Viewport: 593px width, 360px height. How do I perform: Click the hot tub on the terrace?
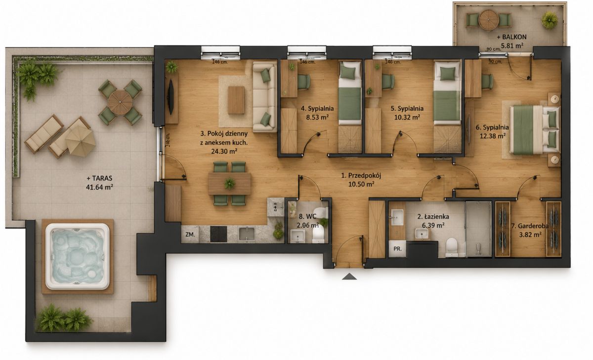coord(77,256)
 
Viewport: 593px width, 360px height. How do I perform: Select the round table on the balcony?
coord(489,20)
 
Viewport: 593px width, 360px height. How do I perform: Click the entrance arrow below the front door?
coord(349,277)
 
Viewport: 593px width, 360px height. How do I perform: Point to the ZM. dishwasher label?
coord(190,235)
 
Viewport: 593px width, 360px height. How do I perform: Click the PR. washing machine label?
coord(397,248)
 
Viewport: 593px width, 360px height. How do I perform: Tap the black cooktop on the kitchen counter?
coord(218,234)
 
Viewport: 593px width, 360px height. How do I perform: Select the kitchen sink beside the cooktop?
coord(247,234)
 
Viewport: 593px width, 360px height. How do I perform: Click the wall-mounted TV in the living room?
coord(170,97)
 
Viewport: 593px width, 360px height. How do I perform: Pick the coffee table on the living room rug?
coord(236,100)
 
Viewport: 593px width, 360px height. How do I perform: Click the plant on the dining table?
coord(229,183)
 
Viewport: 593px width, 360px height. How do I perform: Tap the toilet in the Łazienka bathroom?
coord(451,247)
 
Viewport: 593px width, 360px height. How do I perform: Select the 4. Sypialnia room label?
coord(317,109)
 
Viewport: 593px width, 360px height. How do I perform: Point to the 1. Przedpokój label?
coord(361,175)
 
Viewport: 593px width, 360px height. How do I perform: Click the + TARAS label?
coord(99,178)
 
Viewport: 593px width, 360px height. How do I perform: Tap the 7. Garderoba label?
coord(529,226)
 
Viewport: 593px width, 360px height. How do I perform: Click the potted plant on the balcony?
coord(550,20)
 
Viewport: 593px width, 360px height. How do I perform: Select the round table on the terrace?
coord(120,102)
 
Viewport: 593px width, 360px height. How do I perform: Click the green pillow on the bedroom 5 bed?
coord(447,74)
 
